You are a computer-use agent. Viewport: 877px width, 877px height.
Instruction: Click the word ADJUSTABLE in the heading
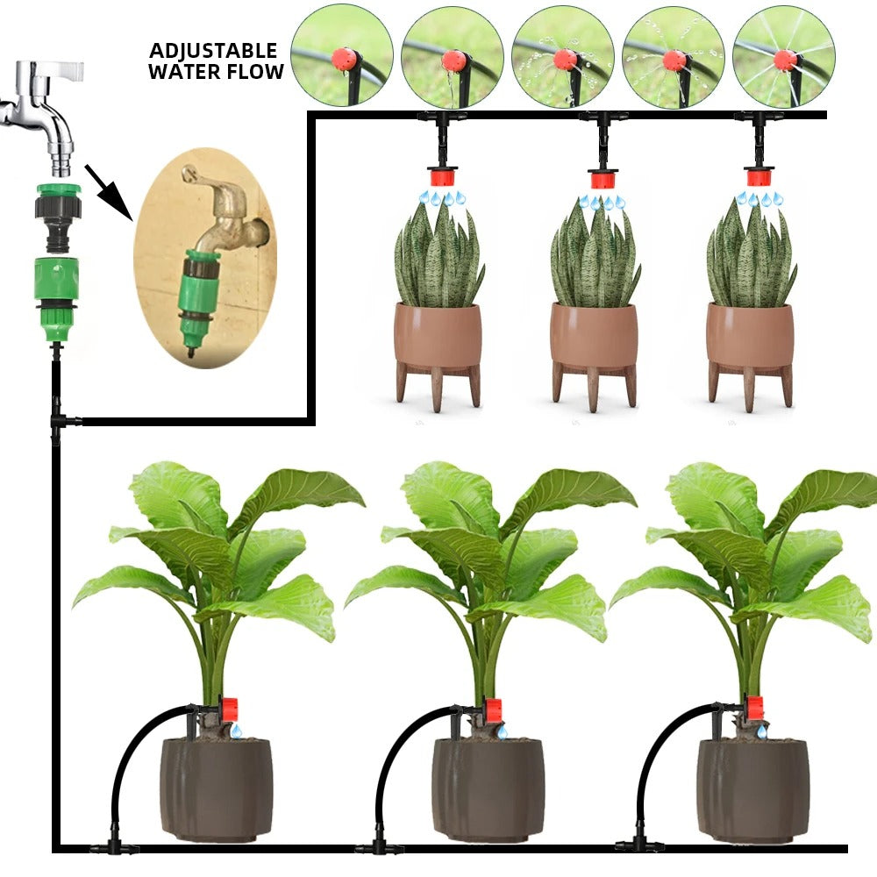213,51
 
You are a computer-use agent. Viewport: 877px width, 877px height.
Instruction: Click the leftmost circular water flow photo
341,55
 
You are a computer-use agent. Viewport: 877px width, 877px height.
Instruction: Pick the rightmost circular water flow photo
783,55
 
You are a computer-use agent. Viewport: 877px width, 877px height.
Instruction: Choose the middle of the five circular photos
562,55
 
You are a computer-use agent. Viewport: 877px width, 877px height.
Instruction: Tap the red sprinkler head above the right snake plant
759,177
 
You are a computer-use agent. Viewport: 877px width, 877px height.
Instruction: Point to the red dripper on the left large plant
230,709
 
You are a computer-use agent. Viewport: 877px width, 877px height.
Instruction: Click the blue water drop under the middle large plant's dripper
501,731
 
